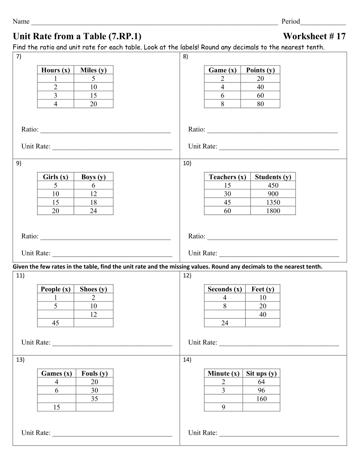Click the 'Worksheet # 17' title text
(x=314, y=36)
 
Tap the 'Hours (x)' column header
(x=56, y=70)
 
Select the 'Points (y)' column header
(x=260, y=70)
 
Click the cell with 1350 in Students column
(x=273, y=202)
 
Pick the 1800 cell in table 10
(x=273, y=211)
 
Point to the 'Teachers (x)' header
(x=227, y=177)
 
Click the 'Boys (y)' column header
(x=93, y=177)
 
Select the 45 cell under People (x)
(x=56, y=323)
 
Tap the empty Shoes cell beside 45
(x=93, y=323)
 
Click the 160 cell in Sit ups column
(x=261, y=399)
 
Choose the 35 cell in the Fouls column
(x=95, y=399)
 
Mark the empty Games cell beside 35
(x=57, y=399)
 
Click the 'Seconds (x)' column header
(x=225, y=289)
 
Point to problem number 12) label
(x=187, y=276)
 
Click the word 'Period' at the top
(x=291, y=21)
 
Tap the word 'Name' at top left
(x=21, y=21)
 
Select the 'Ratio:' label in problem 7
(x=30, y=130)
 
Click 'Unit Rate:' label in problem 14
(x=203, y=433)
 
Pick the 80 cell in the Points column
(x=260, y=104)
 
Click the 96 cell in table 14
(x=261, y=391)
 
